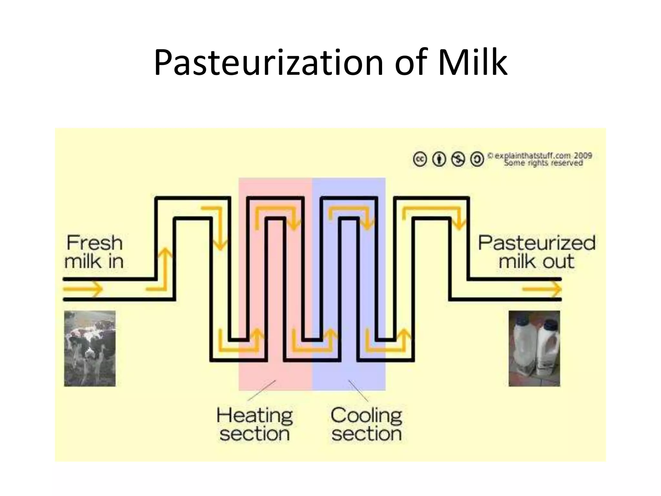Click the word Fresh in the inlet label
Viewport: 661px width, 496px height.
pyautogui.click(x=95, y=243)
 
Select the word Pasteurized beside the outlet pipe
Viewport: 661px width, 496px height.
pyautogui.click(x=536, y=243)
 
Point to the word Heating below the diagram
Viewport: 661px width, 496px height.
pyautogui.click(x=255, y=415)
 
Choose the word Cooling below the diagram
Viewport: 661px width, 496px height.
pyautogui.click(x=366, y=415)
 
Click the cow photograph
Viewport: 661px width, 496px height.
pyautogui.click(x=90, y=348)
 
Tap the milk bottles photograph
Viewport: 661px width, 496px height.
pyautogui.click(x=534, y=348)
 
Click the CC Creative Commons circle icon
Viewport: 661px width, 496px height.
pyautogui.click(x=420, y=159)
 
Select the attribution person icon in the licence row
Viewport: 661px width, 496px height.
pyautogui.click(x=439, y=159)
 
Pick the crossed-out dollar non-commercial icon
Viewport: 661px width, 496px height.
pyautogui.click(x=458, y=159)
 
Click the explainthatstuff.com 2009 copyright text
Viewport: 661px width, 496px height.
pyautogui.click(x=540, y=156)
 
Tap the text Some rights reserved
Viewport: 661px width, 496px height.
pyautogui.click(x=544, y=163)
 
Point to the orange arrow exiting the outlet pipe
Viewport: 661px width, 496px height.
pyautogui.click(x=542, y=288)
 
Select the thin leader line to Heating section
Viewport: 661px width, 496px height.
pyautogui.click(x=261, y=391)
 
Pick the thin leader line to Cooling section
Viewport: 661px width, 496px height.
pyautogui.click(x=358, y=391)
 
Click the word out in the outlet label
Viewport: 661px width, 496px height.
pyautogui.click(x=558, y=261)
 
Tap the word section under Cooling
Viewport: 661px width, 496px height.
pyautogui.click(x=367, y=434)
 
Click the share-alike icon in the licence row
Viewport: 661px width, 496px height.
pyautogui.click(x=477, y=159)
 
